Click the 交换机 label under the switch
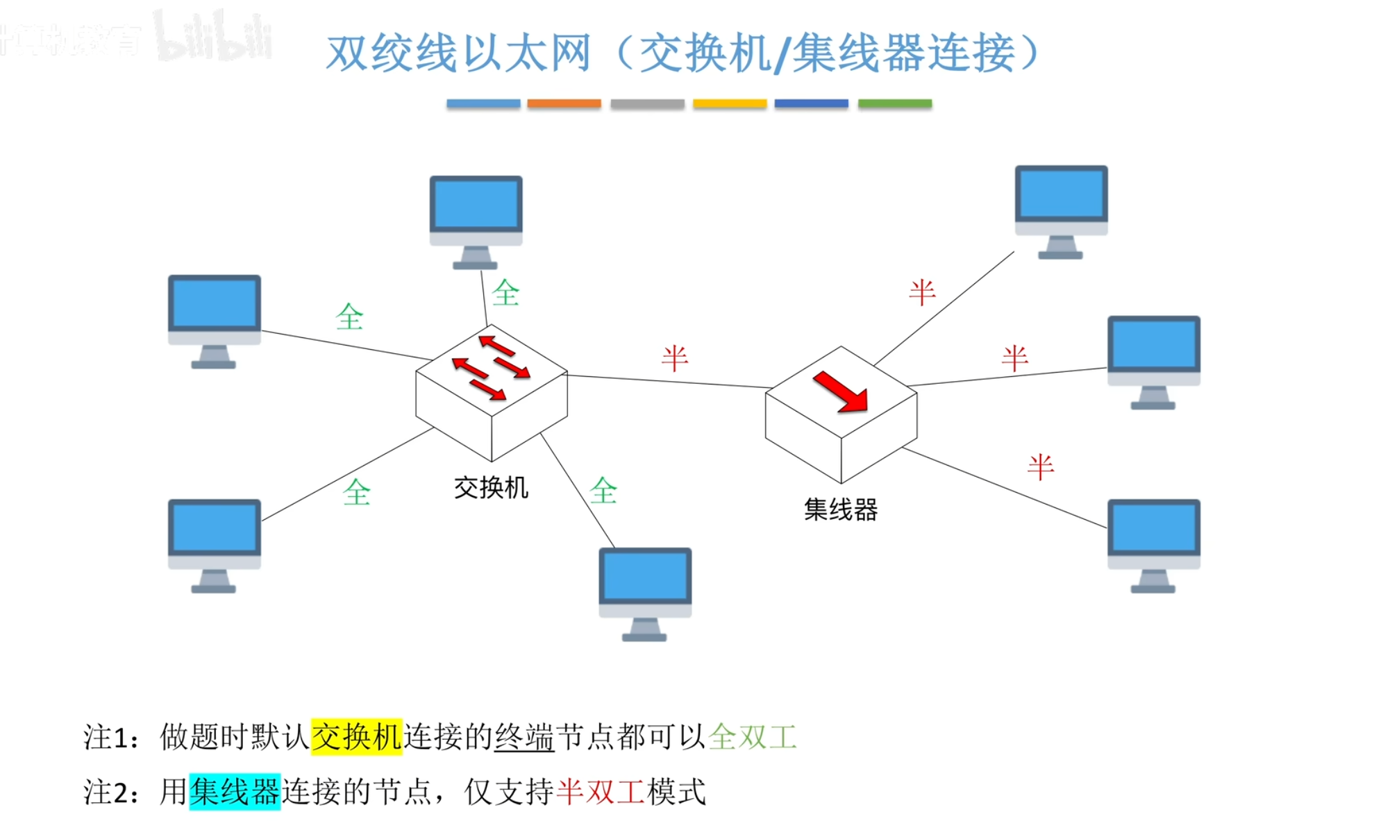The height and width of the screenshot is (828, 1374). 491,487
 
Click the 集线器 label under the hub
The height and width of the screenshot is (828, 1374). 840,510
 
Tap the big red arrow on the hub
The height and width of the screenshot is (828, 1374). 841,391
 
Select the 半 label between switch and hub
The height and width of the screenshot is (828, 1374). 674,358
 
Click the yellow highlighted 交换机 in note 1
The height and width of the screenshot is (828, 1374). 356,736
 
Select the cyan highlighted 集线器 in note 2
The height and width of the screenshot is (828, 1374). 235,792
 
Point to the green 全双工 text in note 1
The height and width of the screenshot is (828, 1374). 753,736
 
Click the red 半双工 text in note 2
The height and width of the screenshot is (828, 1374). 601,792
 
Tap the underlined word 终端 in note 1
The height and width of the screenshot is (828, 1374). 524,736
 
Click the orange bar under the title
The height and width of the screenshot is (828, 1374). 564,103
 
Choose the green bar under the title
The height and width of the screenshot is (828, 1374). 894,103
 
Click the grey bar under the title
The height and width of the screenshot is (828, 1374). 647,103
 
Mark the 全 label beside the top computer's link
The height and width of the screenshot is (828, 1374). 505,293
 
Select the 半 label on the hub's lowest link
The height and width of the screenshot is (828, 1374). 1040,467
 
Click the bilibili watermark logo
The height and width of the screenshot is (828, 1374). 212,36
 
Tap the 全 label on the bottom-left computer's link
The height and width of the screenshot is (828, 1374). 357,493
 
